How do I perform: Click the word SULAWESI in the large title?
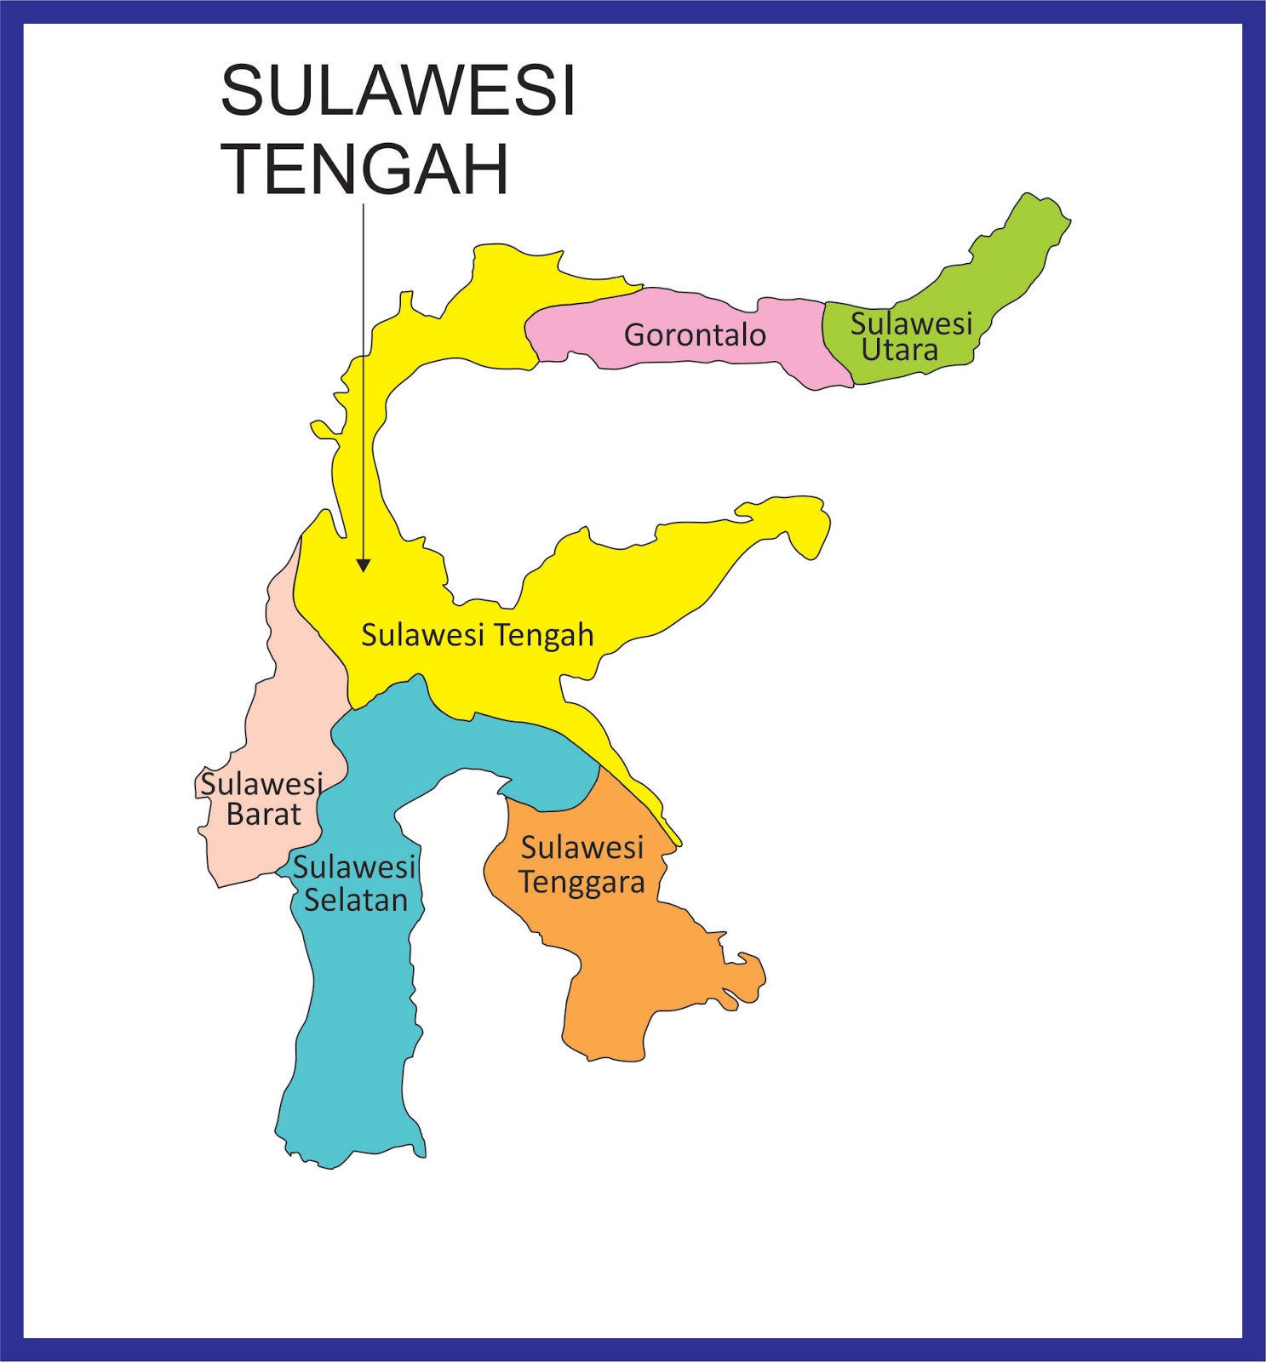pyautogui.click(x=398, y=90)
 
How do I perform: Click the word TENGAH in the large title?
pyautogui.click(x=364, y=169)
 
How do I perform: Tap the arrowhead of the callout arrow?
pyautogui.click(x=364, y=565)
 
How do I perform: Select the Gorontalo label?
pyautogui.click(x=695, y=335)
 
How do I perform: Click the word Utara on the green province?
pyautogui.click(x=899, y=350)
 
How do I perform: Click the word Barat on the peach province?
pyautogui.click(x=263, y=815)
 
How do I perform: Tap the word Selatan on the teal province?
pyautogui.click(x=356, y=900)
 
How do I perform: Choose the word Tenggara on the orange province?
pyautogui.click(x=581, y=883)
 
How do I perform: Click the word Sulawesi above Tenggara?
pyautogui.click(x=582, y=848)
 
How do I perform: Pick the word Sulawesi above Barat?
pyautogui.click(x=261, y=783)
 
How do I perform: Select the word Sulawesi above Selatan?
pyautogui.click(x=354, y=867)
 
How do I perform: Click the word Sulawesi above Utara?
pyautogui.click(x=911, y=323)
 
